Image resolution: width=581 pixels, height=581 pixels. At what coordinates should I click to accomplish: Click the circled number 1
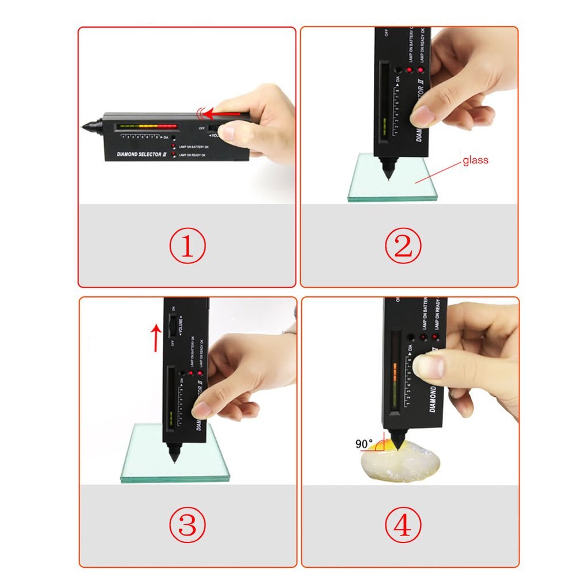pos(187,246)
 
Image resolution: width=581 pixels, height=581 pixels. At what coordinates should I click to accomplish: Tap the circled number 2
pos(403,246)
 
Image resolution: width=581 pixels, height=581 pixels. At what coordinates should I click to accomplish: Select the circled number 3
pos(187,524)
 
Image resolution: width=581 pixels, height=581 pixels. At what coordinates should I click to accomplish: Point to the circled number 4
pos(403,524)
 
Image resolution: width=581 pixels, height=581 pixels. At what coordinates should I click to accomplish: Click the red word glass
pos(475,160)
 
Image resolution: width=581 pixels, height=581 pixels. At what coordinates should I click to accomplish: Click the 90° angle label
pos(364,444)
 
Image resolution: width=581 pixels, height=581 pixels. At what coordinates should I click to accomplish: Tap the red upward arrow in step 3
pos(155,337)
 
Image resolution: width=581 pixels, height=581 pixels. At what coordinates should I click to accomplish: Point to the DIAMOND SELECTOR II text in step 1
pos(141,154)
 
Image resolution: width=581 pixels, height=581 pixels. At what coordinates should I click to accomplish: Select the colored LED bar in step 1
pos(146,125)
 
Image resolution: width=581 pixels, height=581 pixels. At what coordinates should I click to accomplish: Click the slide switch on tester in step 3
pos(172,326)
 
